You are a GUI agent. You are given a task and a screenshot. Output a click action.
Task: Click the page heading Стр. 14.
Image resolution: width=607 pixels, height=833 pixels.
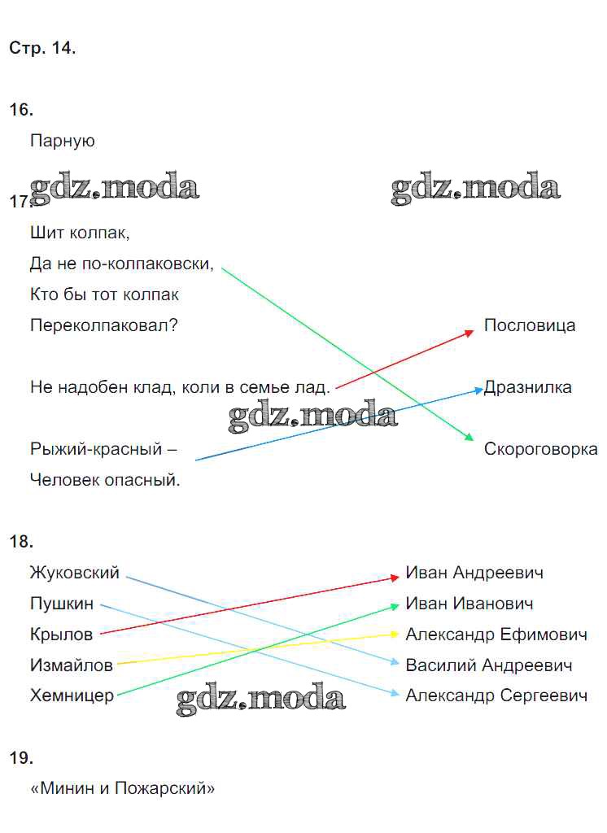(x=42, y=48)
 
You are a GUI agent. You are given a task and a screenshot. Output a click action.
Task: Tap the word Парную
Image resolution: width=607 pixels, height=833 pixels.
(x=62, y=142)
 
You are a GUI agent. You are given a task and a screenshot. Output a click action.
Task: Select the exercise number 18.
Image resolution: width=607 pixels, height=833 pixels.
(x=21, y=541)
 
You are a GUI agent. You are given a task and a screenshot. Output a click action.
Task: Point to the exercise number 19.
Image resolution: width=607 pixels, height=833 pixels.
(x=21, y=757)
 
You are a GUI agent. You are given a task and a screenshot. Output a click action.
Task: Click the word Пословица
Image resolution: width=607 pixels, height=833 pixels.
(x=530, y=325)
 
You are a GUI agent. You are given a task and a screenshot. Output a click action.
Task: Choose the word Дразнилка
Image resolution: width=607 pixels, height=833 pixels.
(x=528, y=387)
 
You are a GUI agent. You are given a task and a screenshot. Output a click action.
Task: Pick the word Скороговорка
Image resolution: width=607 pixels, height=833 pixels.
(x=540, y=449)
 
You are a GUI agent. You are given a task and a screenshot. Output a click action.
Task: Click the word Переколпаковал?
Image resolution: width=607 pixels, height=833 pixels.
(x=103, y=325)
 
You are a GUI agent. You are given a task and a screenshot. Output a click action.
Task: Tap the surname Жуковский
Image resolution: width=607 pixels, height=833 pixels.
(x=75, y=573)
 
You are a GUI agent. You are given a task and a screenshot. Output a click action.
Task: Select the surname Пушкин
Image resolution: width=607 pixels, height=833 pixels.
(x=62, y=604)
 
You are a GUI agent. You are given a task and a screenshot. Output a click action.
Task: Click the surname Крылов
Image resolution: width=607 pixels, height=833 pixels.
(x=62, y=635)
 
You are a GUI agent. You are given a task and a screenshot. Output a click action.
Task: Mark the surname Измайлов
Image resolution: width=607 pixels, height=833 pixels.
(x=72, y=665)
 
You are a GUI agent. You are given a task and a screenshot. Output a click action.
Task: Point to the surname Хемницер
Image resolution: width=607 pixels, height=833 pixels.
(x=72, y=696)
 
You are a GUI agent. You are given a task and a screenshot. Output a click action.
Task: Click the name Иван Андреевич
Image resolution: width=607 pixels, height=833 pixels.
(x=474, y=573)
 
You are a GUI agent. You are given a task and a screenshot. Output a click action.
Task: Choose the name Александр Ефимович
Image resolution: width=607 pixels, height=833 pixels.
(x=496, y=635)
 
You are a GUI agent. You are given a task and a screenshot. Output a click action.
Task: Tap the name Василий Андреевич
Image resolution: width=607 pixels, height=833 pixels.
(x=489, y=665)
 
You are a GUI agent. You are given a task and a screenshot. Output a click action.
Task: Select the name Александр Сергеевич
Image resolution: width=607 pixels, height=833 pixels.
(x=496, y=696)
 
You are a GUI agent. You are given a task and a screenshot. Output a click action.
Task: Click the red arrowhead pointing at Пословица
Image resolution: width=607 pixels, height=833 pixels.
(x=469, y=333)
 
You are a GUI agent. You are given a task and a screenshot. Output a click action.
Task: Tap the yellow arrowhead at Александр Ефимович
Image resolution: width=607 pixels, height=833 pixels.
(x=395, y=634)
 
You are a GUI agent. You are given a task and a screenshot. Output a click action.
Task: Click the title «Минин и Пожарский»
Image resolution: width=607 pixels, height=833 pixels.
(x=123, y=788)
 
